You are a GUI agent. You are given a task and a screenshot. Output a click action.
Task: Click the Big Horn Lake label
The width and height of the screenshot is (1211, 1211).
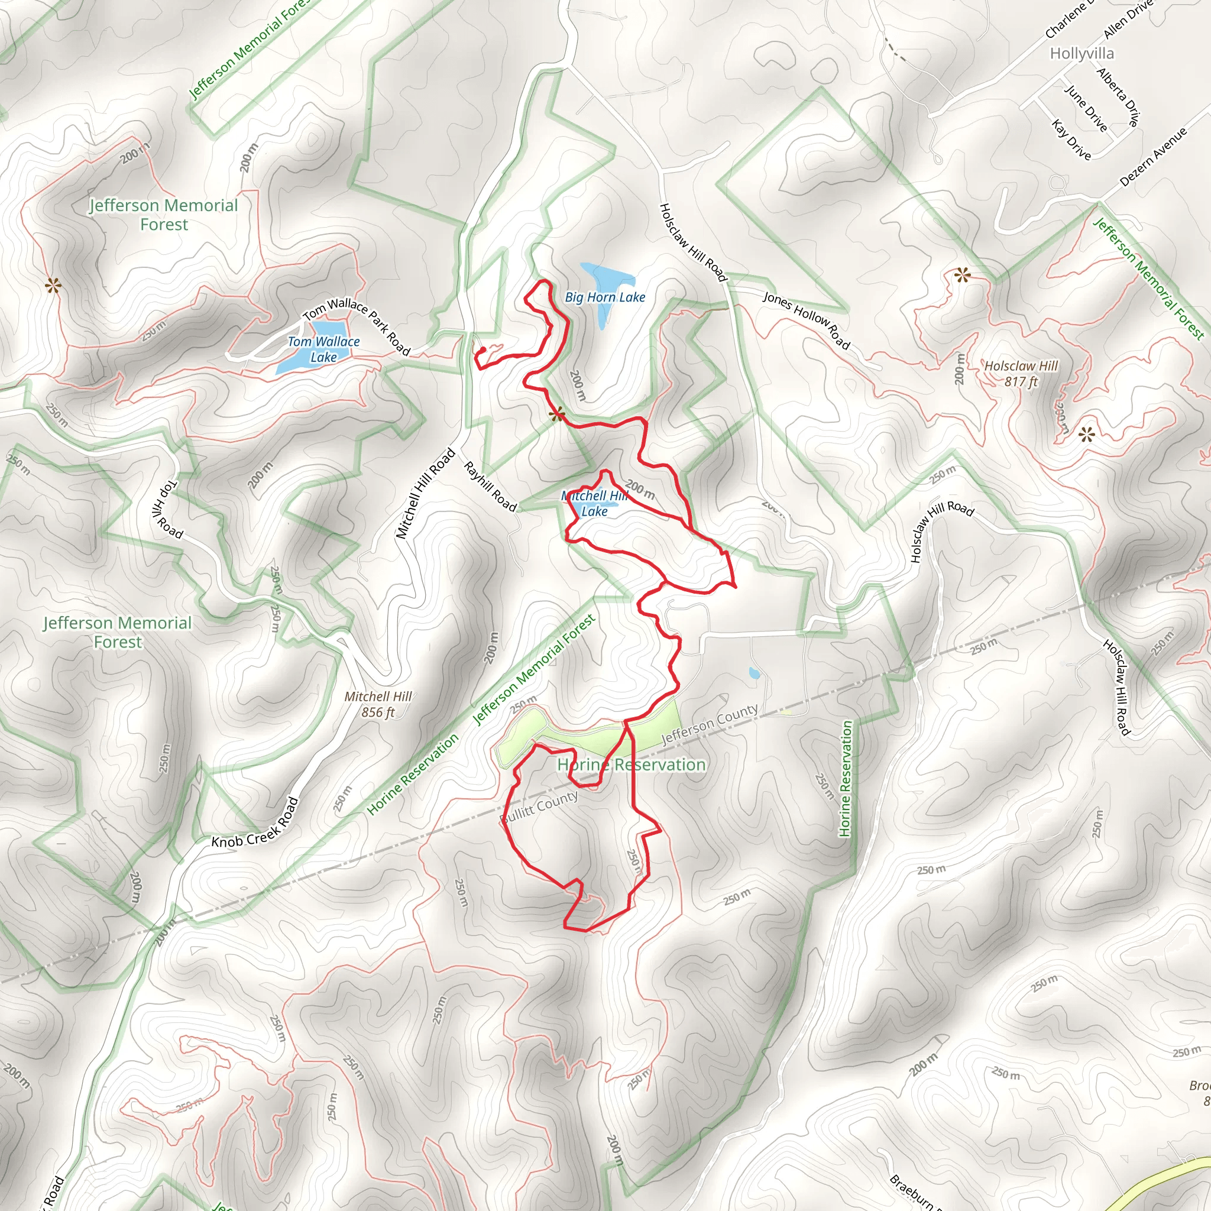click(605, 297)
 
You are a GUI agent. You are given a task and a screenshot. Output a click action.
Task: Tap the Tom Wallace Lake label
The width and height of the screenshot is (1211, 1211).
click(323, 349)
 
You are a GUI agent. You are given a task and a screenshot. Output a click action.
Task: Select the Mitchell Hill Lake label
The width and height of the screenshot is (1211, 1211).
click(594, 503)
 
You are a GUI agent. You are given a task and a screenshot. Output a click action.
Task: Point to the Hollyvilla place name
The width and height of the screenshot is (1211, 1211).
click(1082, 53)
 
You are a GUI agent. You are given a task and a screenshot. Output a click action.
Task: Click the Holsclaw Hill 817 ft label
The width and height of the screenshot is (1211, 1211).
click(1021, 374)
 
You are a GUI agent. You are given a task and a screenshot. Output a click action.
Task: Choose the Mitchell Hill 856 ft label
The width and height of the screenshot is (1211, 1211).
click(378, 704)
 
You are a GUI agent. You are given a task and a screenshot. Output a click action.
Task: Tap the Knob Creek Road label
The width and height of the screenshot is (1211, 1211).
click(255, 824)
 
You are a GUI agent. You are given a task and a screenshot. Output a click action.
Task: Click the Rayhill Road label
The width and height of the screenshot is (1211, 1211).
click(490, 487)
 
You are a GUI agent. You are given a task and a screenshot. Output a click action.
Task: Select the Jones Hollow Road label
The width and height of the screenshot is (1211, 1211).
click(806, 320)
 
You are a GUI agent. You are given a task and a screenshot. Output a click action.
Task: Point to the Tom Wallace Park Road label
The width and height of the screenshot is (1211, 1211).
click(356, 326)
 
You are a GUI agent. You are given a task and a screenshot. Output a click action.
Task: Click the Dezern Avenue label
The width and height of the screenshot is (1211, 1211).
click(1153, 157)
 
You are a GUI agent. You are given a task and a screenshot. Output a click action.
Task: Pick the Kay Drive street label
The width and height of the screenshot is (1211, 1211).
click(1071, 139)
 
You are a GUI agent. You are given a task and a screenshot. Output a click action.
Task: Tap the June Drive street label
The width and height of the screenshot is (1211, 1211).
click(1086, 108)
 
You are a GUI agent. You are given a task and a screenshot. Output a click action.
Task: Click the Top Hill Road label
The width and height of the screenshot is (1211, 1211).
click(167, 510)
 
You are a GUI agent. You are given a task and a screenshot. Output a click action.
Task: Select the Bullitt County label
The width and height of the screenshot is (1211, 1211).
click(539, 808)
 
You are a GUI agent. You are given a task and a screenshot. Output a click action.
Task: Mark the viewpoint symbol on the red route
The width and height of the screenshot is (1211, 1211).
click(557, 415)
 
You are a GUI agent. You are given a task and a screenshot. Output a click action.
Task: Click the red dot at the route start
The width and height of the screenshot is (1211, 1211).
click(483, 351)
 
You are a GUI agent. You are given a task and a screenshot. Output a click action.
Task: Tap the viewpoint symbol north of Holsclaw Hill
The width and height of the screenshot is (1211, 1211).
click(961, 274)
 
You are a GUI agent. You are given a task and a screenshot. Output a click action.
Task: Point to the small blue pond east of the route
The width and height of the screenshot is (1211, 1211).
click(755, 675)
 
